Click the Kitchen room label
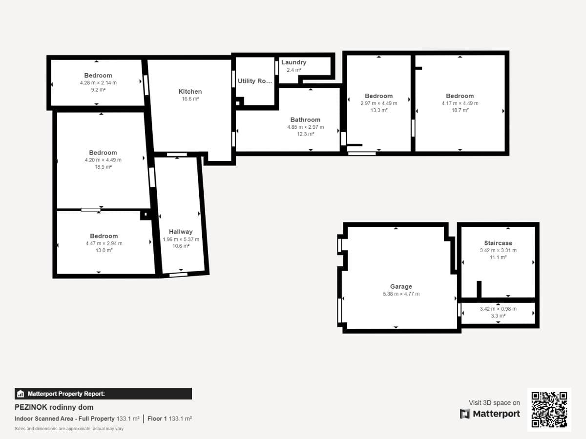[190, 91]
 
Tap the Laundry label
[293, 62]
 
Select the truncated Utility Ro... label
[255, 81]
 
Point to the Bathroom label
[305, 120]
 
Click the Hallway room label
[181, 232]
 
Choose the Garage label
[401, 286]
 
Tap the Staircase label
[498, 243]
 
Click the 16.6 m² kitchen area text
[190, 99]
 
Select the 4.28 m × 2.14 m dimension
[98, 82]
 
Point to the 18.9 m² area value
[103, 167]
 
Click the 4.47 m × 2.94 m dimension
[104, 243]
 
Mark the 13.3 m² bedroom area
[379, 110]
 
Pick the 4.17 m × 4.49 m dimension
[460, 103]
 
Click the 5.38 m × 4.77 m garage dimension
[401, 294]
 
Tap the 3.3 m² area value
[498, 316]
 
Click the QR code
[549, 410]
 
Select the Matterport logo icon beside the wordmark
[465, 414]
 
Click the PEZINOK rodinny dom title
[54, 407]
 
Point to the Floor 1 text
[157, 419]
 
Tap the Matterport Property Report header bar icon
[21, 394]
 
